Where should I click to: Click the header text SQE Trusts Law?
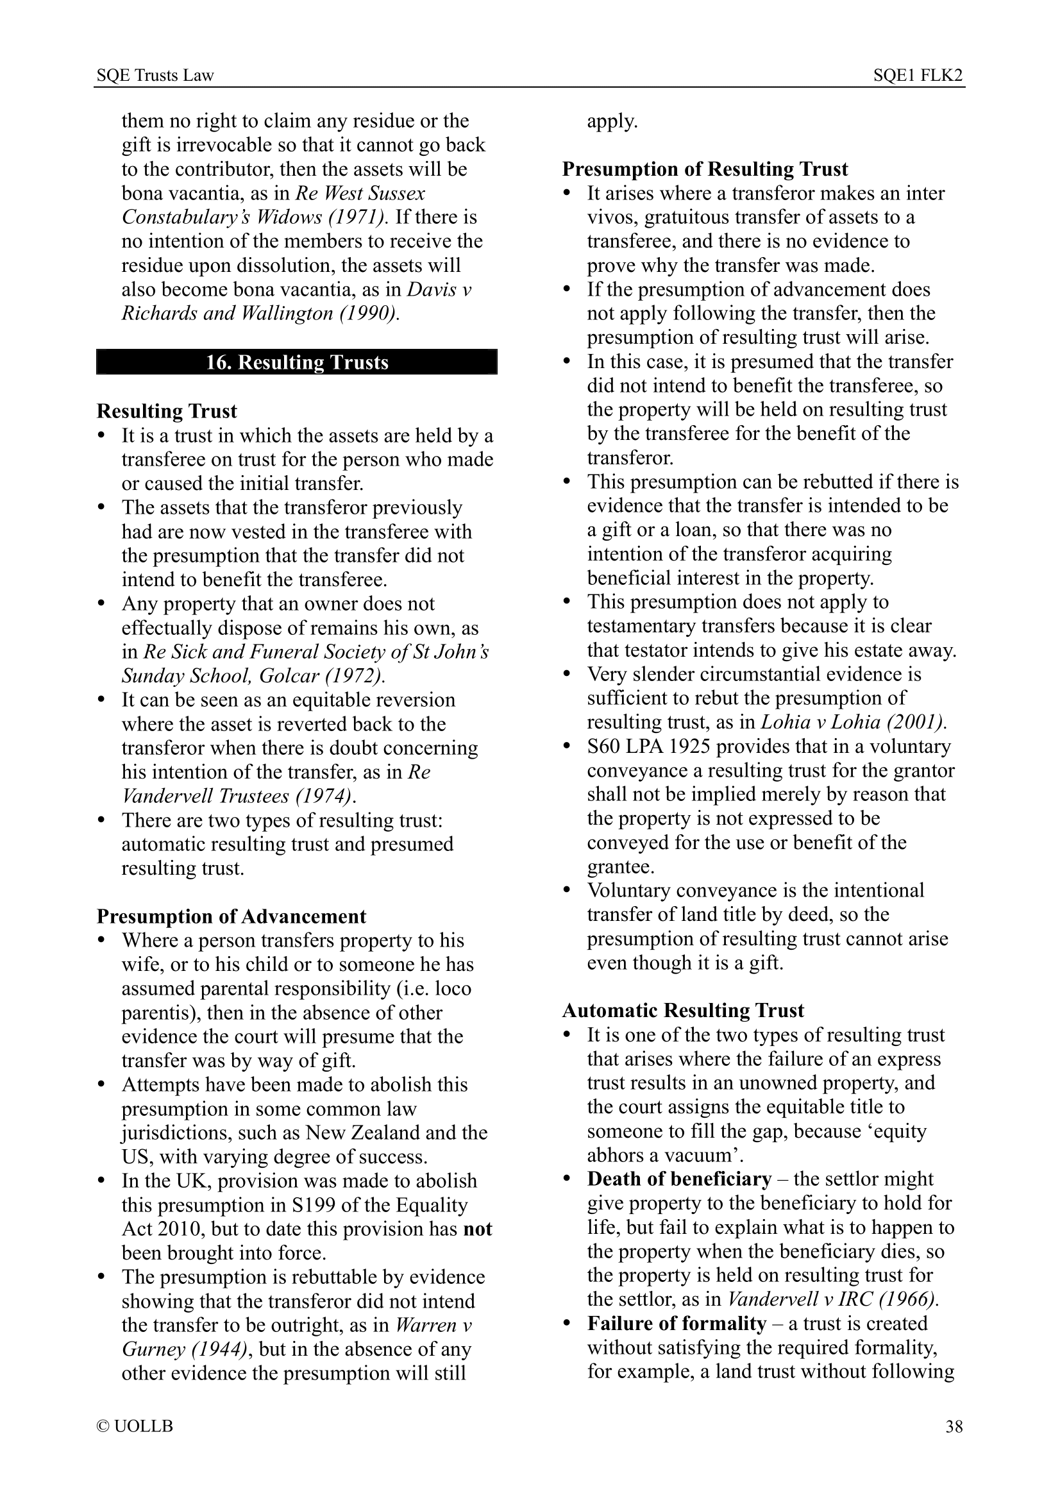[x=155, y=76]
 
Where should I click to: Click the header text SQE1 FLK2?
[x=918, y=76]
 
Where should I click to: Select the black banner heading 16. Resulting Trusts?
[x=296, y=362]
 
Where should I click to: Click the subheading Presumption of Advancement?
[x=231, y=916]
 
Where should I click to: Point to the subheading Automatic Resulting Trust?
[x=682, y=1011]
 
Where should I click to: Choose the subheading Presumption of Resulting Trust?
[x=705, y=169]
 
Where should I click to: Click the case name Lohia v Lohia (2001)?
[x=854, y=723]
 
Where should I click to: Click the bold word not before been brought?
[x=478, y=1229]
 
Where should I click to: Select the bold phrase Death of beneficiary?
[x=679, y=1179]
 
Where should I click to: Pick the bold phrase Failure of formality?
[x=676, y=1324]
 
